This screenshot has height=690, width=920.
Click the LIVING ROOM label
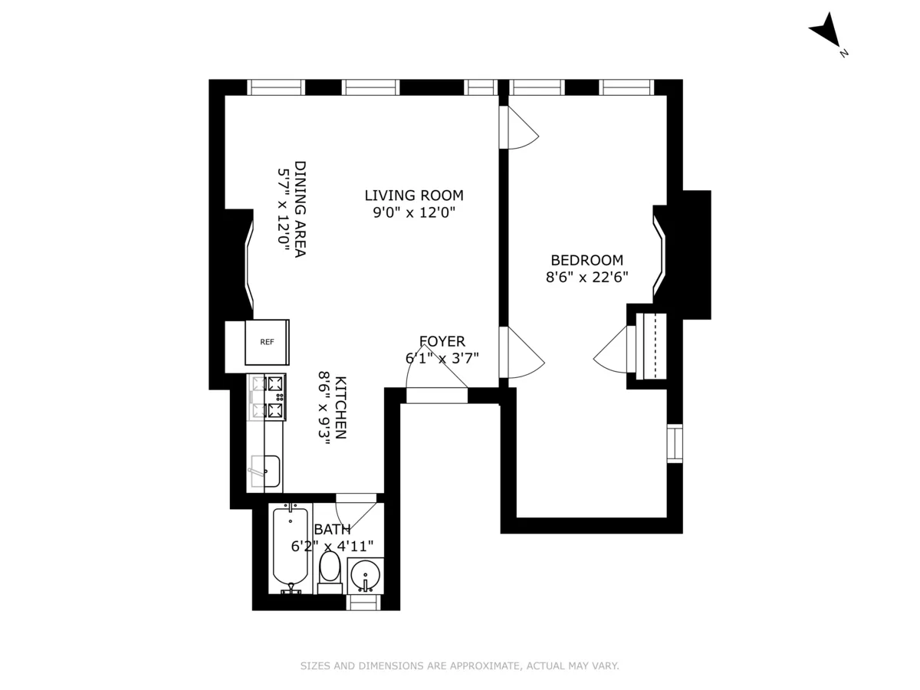(414, 195)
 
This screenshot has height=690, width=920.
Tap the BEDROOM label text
(586, 260)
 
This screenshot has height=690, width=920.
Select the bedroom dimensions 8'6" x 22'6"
(586, 278)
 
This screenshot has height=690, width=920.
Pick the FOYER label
(442, 341)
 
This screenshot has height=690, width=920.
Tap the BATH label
(332, 529)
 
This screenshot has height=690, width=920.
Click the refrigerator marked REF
(267, 342)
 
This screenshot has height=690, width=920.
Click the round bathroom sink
(365, 574)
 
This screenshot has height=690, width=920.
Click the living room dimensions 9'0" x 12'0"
(414, 213)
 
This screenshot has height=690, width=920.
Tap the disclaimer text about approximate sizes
(459, 666)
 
